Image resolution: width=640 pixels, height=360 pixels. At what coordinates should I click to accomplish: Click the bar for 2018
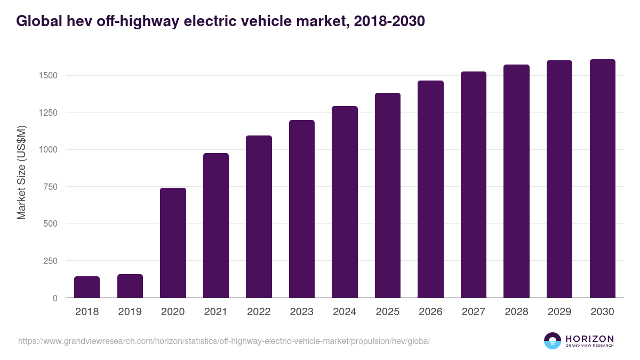tap(87, 287)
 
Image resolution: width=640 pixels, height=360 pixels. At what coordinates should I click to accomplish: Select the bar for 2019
tap(130, 286)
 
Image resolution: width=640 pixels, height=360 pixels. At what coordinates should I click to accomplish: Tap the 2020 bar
tap(173, 243)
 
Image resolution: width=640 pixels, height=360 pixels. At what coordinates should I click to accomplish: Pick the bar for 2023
tap(302, 209)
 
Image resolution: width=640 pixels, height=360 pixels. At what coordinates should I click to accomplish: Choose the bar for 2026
tap(430, 189)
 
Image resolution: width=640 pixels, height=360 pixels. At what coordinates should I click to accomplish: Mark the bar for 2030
tap(602, 179)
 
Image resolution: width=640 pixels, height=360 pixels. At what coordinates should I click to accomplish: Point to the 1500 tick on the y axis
tap(48, 75)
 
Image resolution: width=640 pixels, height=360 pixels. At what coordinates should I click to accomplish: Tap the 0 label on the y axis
tap(55, 298)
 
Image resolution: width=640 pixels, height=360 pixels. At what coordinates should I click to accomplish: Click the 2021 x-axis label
tap(216, 312)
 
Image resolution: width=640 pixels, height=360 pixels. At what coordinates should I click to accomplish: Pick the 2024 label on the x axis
tap(345, 312)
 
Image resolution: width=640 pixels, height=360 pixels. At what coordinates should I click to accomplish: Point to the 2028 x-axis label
tap(516, 312)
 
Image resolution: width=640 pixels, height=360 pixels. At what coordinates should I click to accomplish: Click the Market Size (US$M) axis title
tap(21, 172)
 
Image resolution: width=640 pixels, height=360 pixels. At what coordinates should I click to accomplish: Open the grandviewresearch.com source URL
tap(223, 341)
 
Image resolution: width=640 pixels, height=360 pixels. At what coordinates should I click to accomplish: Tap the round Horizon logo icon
tap(553, 341)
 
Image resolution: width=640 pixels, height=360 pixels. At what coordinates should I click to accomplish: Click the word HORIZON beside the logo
tap(589, 339)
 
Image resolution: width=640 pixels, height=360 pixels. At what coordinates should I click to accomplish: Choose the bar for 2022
tap(259, 217)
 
